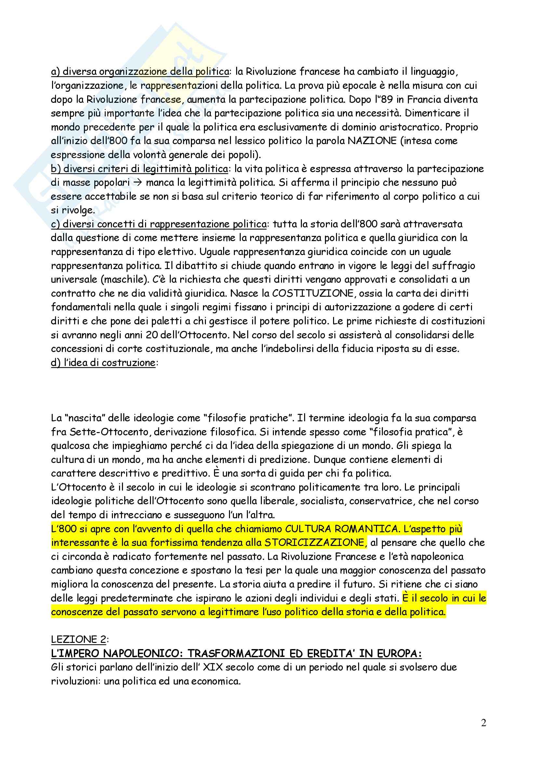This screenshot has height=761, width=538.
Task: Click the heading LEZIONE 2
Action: [x=78, y=639]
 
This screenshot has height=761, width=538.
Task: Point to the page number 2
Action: [x=483, y=723]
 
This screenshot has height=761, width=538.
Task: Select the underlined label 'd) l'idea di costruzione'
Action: [x=103, y=362]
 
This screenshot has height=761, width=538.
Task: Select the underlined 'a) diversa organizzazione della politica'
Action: [x=140, y=72]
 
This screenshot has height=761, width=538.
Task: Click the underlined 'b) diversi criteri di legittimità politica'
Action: [x=139, y=169]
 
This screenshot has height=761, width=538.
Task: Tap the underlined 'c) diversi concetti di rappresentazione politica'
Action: [x=159, y=224]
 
